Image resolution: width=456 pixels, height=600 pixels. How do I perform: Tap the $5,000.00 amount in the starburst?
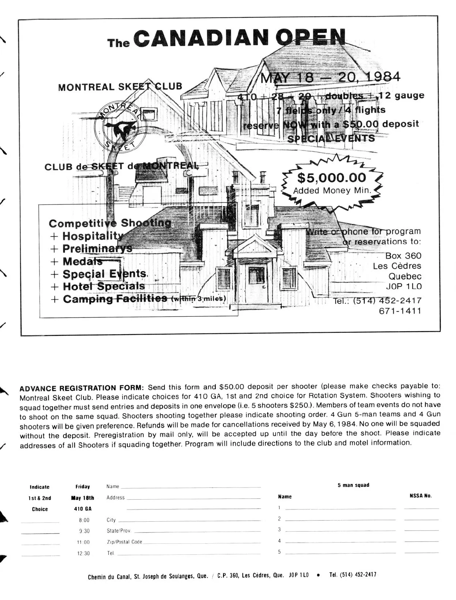point(331,178)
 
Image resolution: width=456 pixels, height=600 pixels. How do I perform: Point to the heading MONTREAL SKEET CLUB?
point(120,87)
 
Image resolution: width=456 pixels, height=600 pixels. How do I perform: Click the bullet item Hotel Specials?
point(103,286)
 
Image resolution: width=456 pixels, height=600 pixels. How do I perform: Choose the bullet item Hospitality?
point(93,236)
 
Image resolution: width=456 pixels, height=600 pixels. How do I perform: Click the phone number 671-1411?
point(400,311)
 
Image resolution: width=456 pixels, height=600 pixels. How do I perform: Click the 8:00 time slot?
point(84,520)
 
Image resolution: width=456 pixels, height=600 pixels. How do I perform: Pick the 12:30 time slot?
point(84,554)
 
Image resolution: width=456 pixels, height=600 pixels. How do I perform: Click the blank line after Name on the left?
point(190,487)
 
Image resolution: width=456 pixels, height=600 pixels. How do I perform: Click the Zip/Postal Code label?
point(124,542)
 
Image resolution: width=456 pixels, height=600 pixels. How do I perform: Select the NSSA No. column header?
point(421,496)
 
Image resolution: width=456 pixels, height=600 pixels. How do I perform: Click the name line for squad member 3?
point(340,530)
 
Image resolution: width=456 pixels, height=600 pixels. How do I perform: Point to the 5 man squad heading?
point(353,485)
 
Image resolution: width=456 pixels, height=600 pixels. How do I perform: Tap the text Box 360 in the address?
point(403,256)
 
